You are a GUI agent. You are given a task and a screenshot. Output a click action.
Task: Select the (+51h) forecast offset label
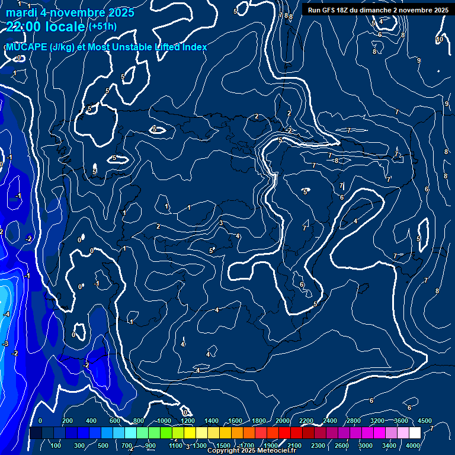click(102, 27)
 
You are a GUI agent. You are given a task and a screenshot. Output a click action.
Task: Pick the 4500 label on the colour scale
click(425, 421)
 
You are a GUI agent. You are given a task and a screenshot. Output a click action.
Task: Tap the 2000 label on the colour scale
click(283, 421)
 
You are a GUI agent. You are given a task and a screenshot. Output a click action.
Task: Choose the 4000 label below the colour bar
click(413, 446)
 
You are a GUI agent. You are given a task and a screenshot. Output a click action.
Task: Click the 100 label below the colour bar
click(57, 446)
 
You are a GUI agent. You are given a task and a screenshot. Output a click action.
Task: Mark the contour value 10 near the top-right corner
click(440, 40)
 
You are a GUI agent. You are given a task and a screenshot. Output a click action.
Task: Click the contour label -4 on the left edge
click(7, 315)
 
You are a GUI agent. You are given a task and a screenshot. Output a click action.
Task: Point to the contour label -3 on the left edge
click(5, 344)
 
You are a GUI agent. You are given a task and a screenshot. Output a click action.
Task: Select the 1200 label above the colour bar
click(188, 421)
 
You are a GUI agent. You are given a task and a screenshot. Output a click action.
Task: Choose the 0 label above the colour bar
click(40, 421)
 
